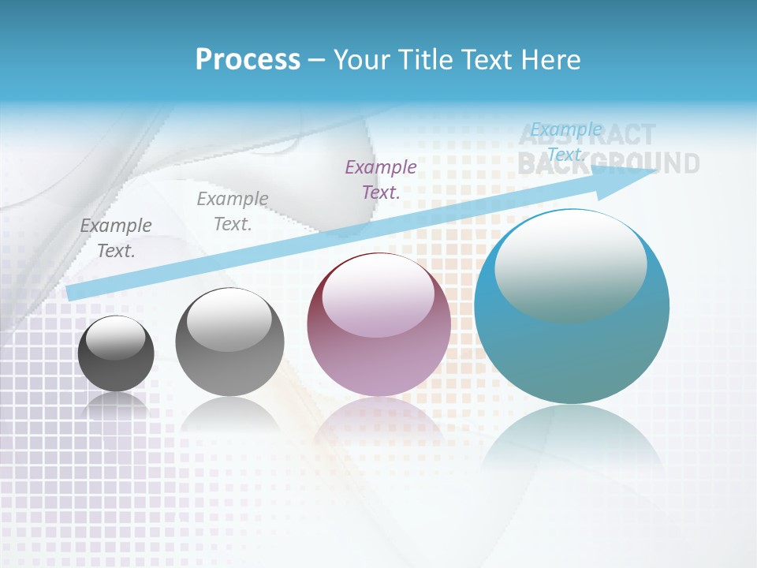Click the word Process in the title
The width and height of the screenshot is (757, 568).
[248, 60]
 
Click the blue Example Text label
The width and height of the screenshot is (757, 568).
[566, 141]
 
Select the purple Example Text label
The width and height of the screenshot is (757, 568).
[381, 179]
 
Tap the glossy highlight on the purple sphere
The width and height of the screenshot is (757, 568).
[378, 293]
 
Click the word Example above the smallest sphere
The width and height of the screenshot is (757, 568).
[116, 226]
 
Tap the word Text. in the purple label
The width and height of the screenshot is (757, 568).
[381, 192]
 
